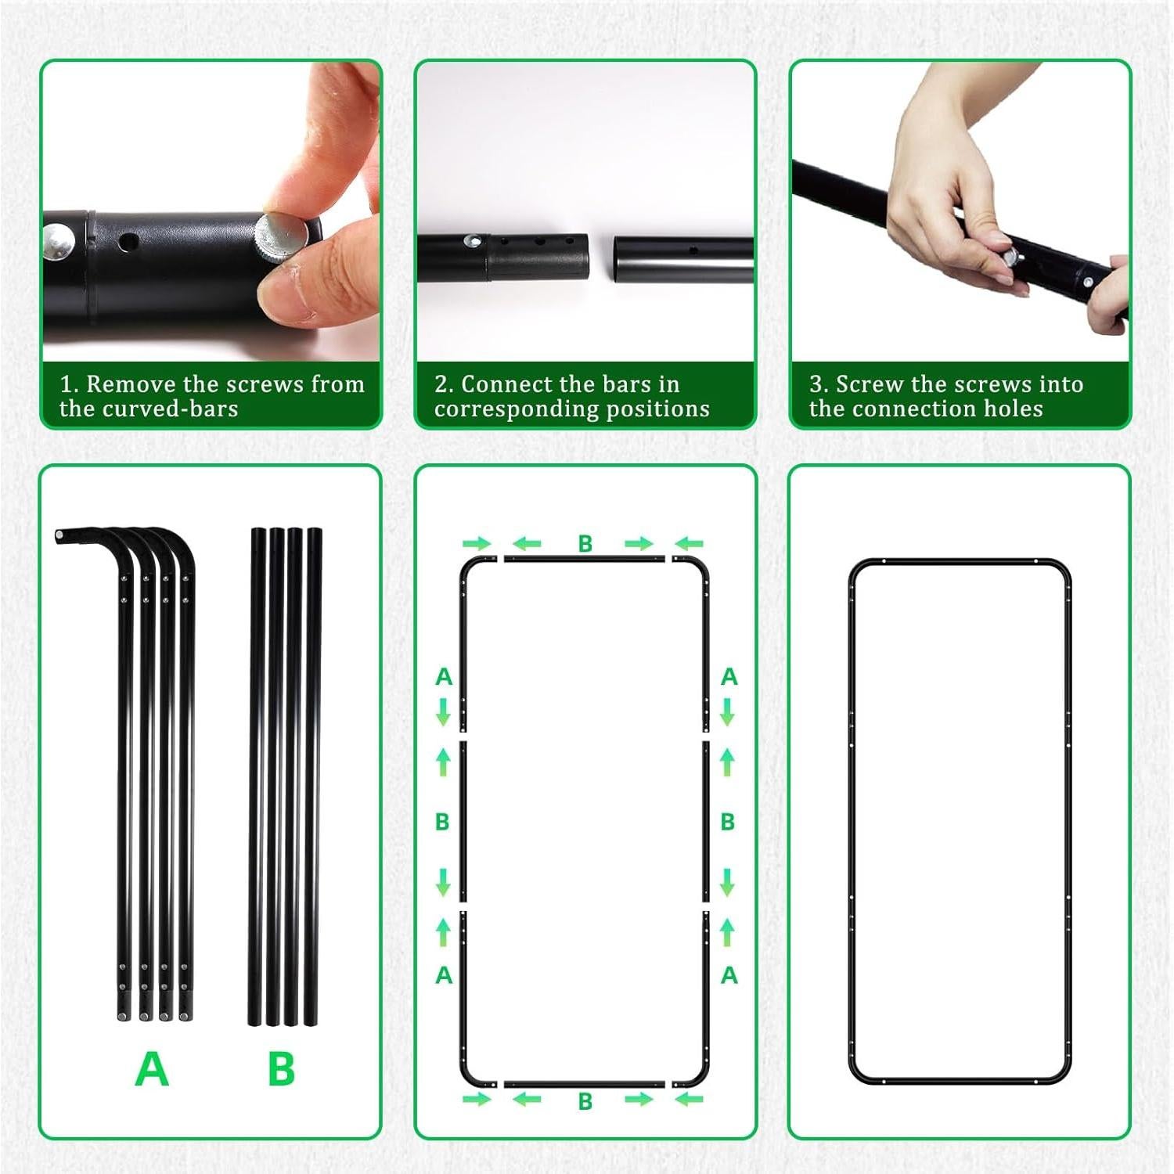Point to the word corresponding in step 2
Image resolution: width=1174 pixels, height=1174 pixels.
pos(534,409)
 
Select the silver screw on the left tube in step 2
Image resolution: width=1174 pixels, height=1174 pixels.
pos(472,242)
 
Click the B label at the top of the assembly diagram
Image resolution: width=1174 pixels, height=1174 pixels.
pos(585,544)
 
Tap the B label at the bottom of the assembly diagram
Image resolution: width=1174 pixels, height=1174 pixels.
pos(585,1101)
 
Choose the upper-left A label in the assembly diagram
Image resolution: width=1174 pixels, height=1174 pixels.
pos(444,677)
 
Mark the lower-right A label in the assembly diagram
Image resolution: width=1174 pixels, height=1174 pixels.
pos(729,975)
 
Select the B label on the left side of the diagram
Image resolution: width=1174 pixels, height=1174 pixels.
pos(442,822)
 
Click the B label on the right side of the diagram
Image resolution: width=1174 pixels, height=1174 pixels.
pos(728,822)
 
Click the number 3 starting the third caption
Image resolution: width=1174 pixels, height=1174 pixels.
pos(817,384)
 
